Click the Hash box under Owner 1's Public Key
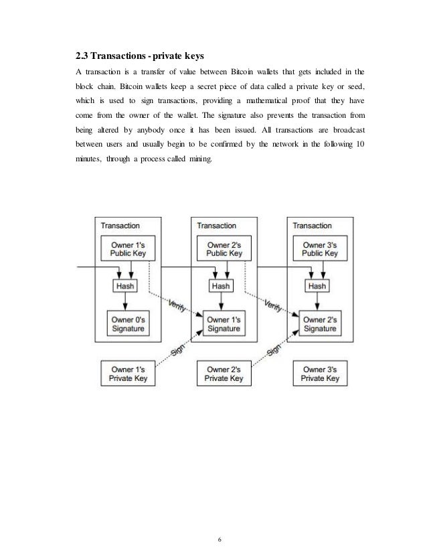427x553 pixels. (125, 286)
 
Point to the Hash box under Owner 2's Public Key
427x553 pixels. (221, 286)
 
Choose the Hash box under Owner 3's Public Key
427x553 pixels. (317, 286)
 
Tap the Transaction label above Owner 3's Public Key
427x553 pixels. (311, 226)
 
